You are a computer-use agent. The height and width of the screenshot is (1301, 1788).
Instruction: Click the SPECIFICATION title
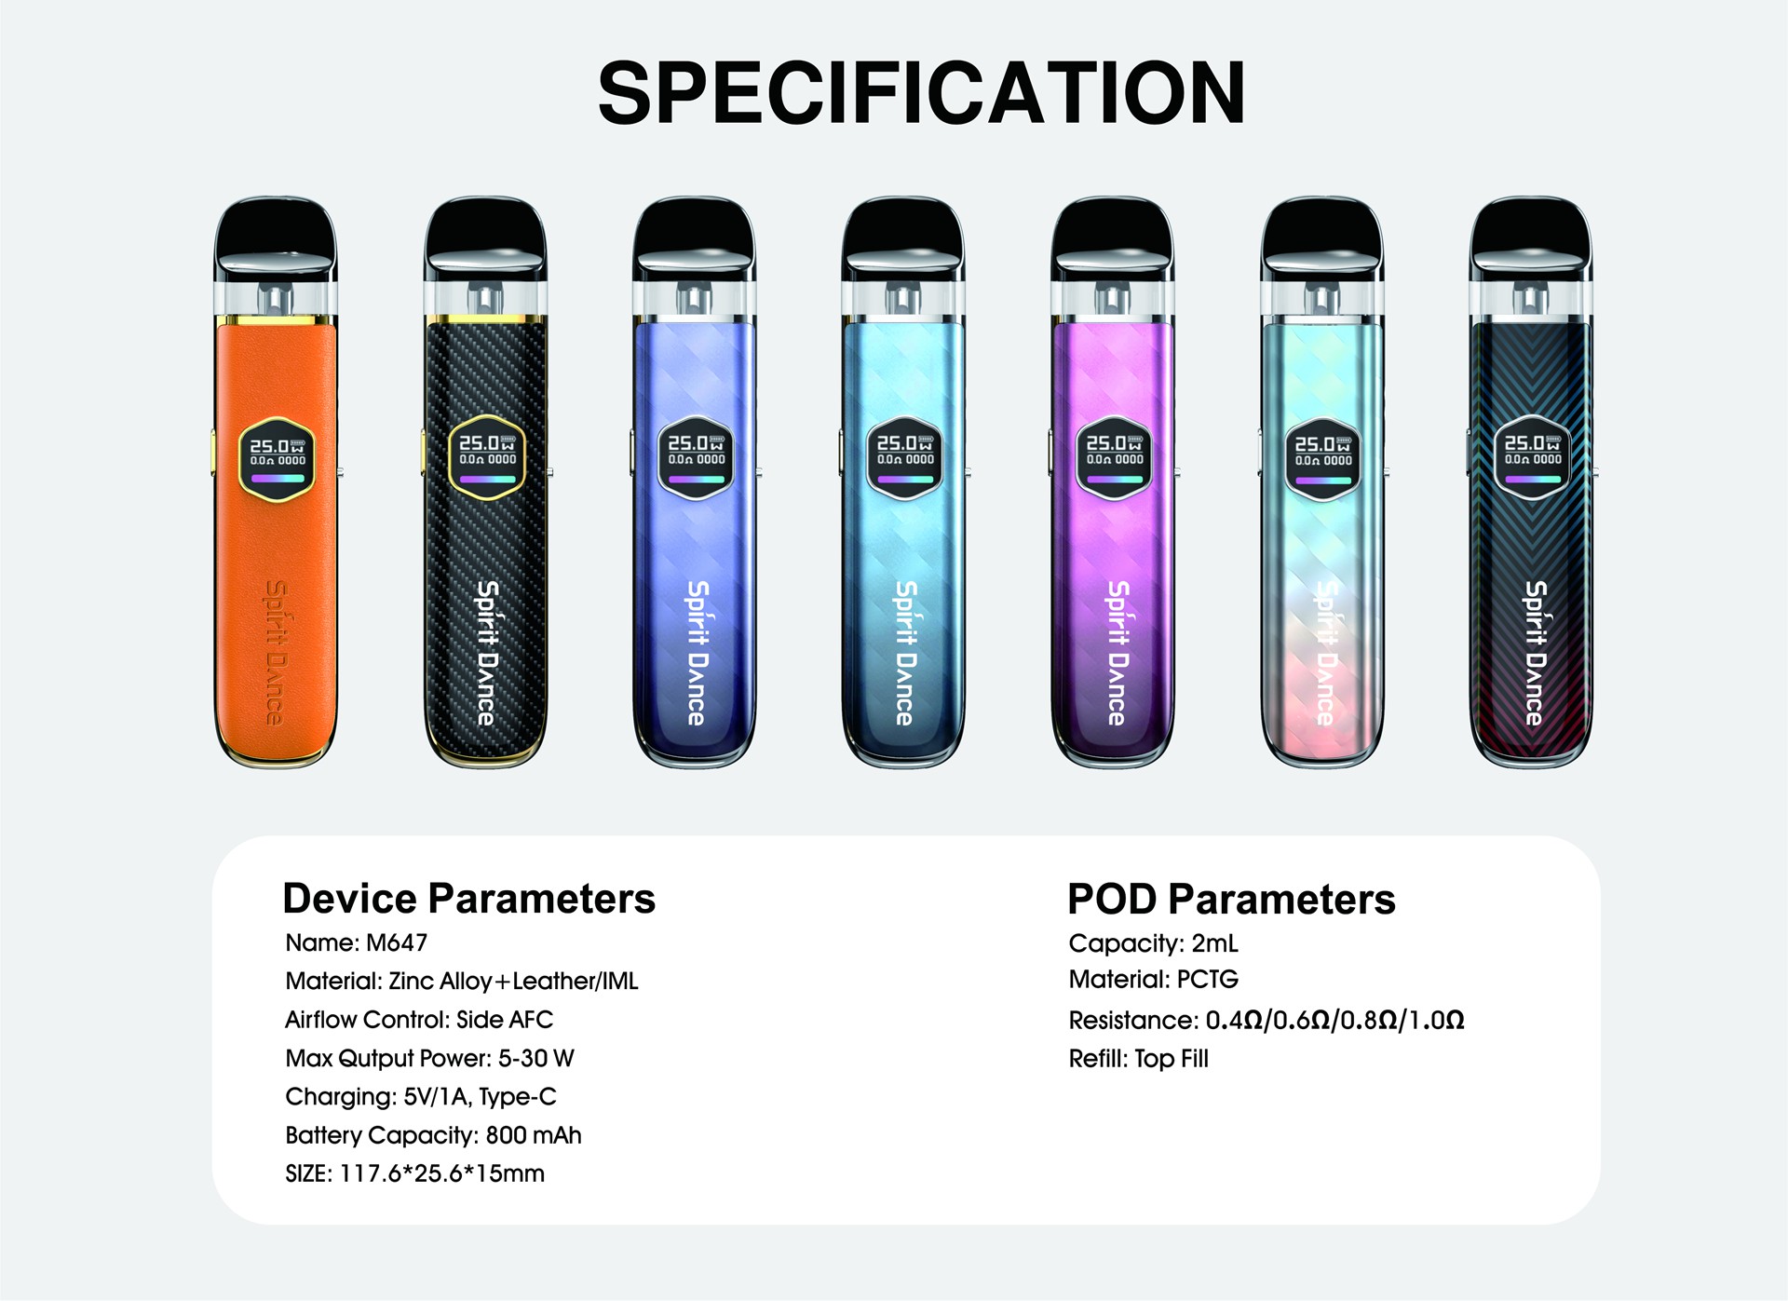coord(921,92)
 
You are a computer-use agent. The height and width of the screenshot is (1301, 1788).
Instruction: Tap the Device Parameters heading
coord(468,899)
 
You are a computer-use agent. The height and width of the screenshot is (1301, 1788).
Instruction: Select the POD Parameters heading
coord(1231,899)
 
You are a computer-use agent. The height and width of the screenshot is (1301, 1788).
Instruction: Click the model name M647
coord(397,942)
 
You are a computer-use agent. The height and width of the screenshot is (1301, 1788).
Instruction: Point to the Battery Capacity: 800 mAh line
coord(433,1135)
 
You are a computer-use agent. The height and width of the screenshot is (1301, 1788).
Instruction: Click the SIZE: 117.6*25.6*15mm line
coord(414,1173)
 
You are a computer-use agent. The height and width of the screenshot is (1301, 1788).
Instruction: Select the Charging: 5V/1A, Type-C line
coord(421,1097)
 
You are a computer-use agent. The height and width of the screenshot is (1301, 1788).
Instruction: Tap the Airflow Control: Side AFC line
coord(419,1020)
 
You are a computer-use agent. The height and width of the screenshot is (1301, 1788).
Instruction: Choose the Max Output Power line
coord(429,1058)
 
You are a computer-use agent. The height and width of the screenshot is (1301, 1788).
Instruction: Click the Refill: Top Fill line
coord(1138,1059)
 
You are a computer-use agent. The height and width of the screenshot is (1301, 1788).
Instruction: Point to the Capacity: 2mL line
coord(1153,943)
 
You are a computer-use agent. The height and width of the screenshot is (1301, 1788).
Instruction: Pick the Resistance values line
coord(1266,1021)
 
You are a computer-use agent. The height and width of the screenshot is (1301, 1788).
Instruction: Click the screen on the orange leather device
coord(278,458)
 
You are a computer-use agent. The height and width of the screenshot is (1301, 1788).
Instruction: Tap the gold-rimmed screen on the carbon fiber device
coord(487,458)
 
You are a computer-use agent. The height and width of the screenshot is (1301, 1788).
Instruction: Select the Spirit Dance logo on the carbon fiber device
coord(487,653)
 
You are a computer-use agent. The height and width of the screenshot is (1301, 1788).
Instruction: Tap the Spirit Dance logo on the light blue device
coord(905,653)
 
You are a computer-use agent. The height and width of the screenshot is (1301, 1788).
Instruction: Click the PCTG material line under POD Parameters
coord(1154,980)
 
